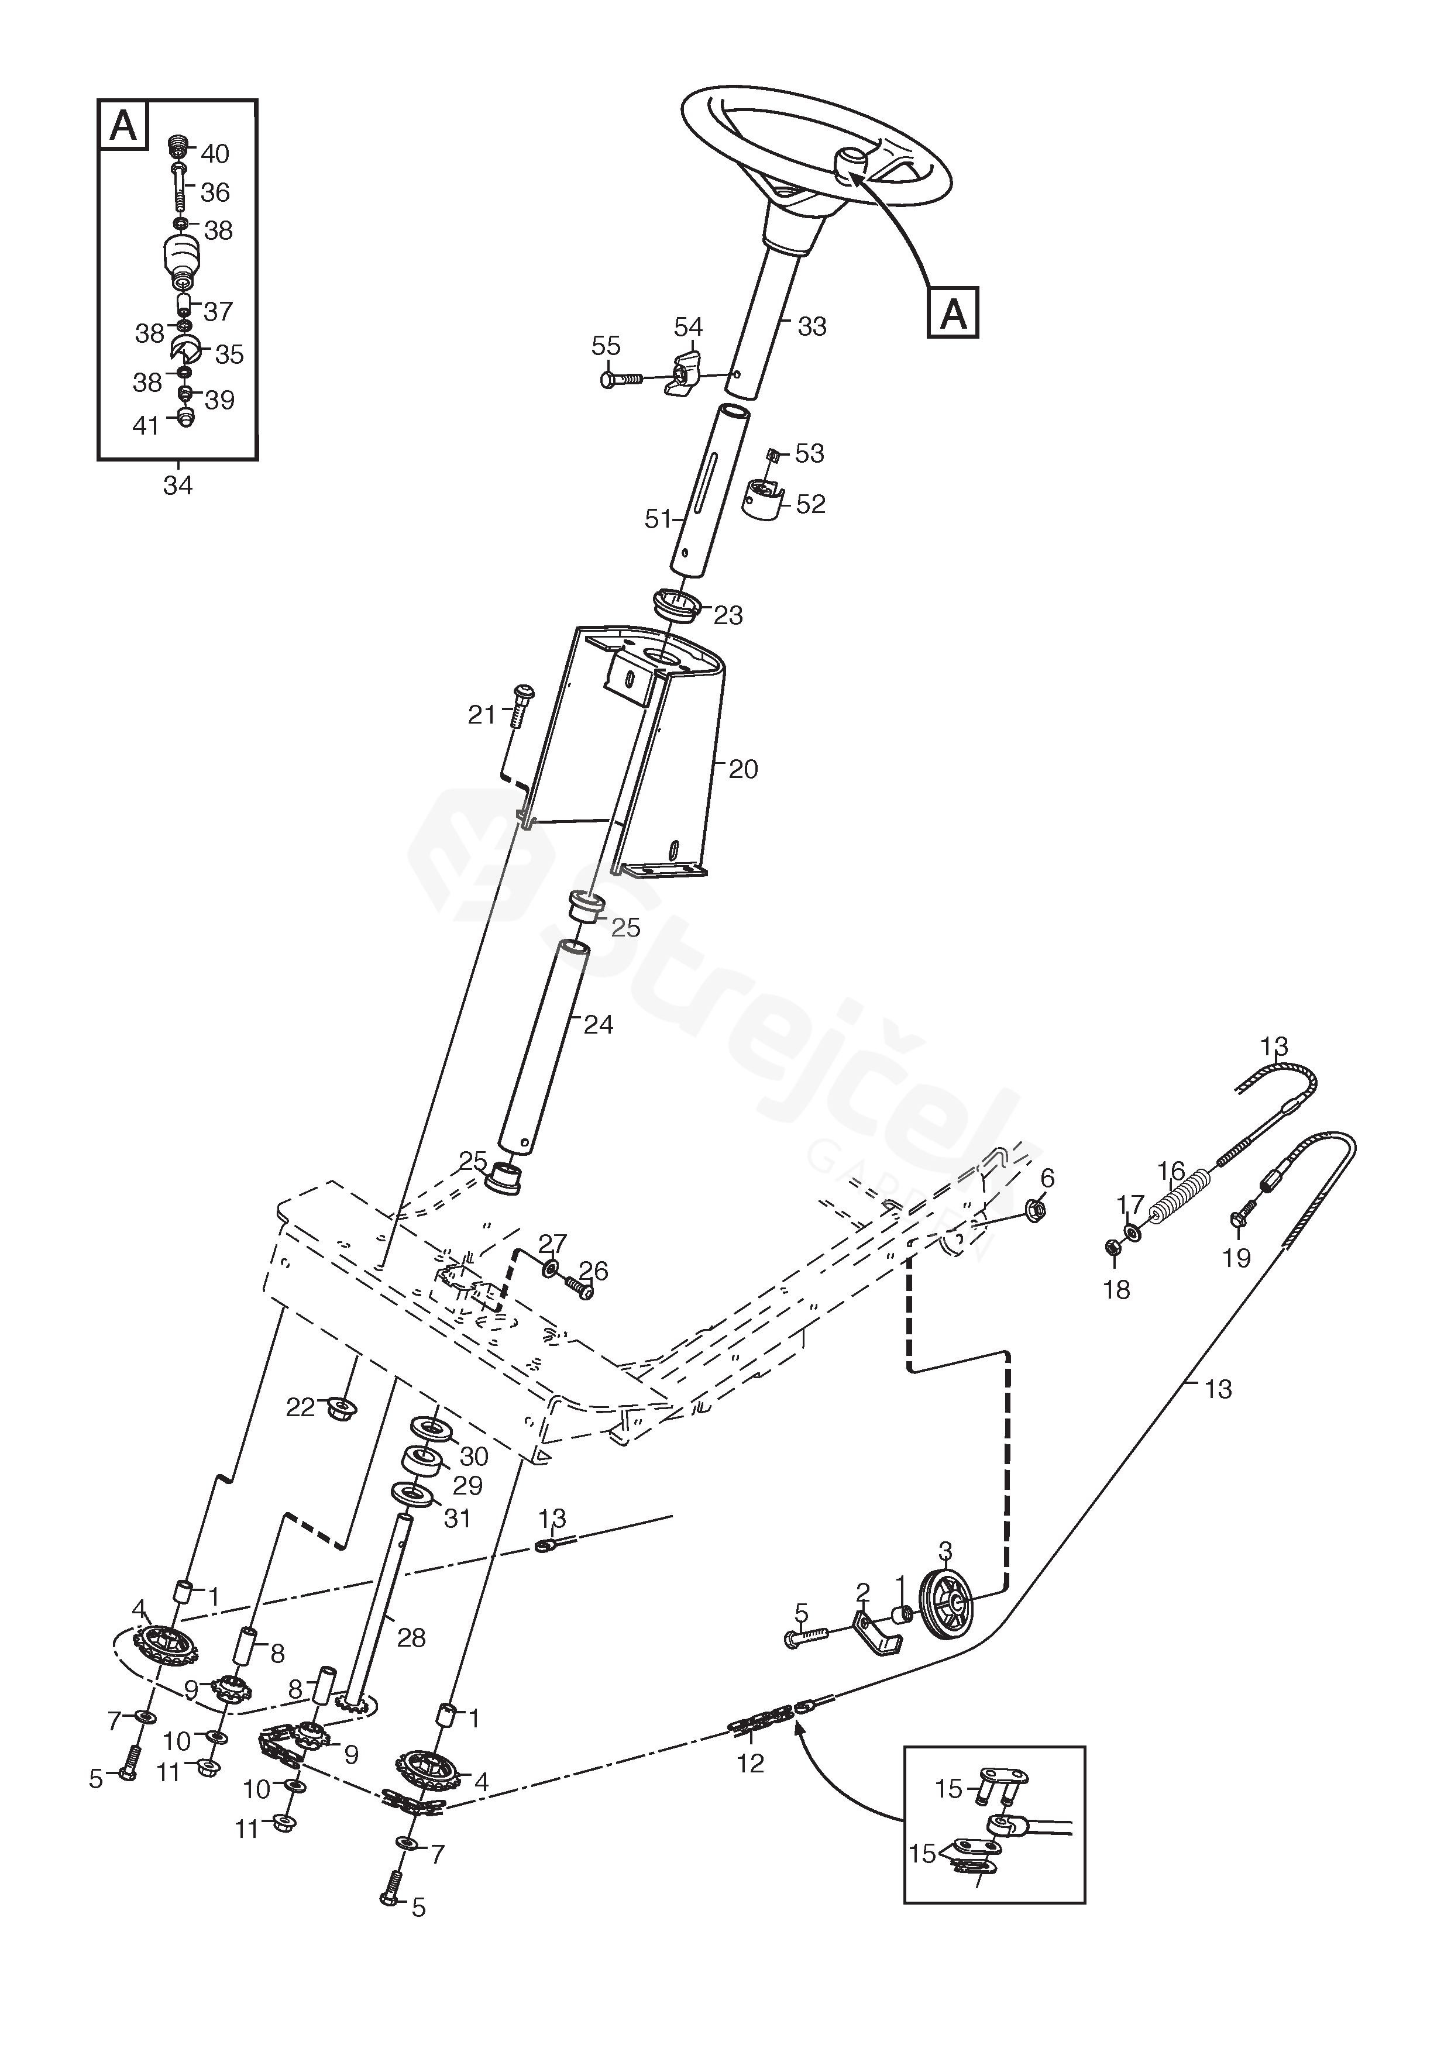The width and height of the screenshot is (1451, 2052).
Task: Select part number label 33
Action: [811, 327]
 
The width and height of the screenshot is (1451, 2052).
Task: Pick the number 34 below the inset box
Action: [178, 486]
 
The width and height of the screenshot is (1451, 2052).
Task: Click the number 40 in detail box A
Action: [215, 154]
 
